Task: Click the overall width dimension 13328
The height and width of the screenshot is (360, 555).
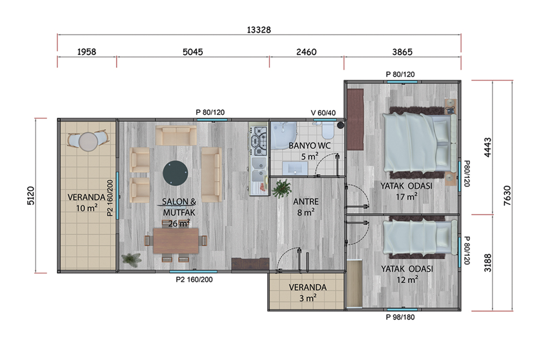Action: pos(259,30)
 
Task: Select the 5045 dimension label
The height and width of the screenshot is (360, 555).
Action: pos(192,52)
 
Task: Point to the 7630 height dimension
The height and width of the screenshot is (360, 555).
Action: pos(507,195)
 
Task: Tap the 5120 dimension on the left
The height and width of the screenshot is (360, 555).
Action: pos(31,195)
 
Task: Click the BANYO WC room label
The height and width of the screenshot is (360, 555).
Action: pos(309,145)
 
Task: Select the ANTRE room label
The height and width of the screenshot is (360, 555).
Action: pos(306,201)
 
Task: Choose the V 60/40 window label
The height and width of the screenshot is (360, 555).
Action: pos(323,113)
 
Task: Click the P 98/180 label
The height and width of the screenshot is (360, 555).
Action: pos(400,317)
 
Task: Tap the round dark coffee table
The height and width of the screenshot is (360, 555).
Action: pos(175,173)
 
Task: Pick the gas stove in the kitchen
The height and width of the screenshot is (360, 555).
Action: pos(259,141)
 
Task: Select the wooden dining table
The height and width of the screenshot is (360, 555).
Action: pos(176,241)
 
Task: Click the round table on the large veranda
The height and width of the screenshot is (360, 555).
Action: pos(88,142)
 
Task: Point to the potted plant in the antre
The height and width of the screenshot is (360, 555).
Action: pos(282,188)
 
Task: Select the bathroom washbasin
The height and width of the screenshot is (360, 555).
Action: pos(295,168)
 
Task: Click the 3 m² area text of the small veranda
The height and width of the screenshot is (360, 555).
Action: pos(308,298)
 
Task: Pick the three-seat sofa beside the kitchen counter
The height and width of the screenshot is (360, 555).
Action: pos(211,175)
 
